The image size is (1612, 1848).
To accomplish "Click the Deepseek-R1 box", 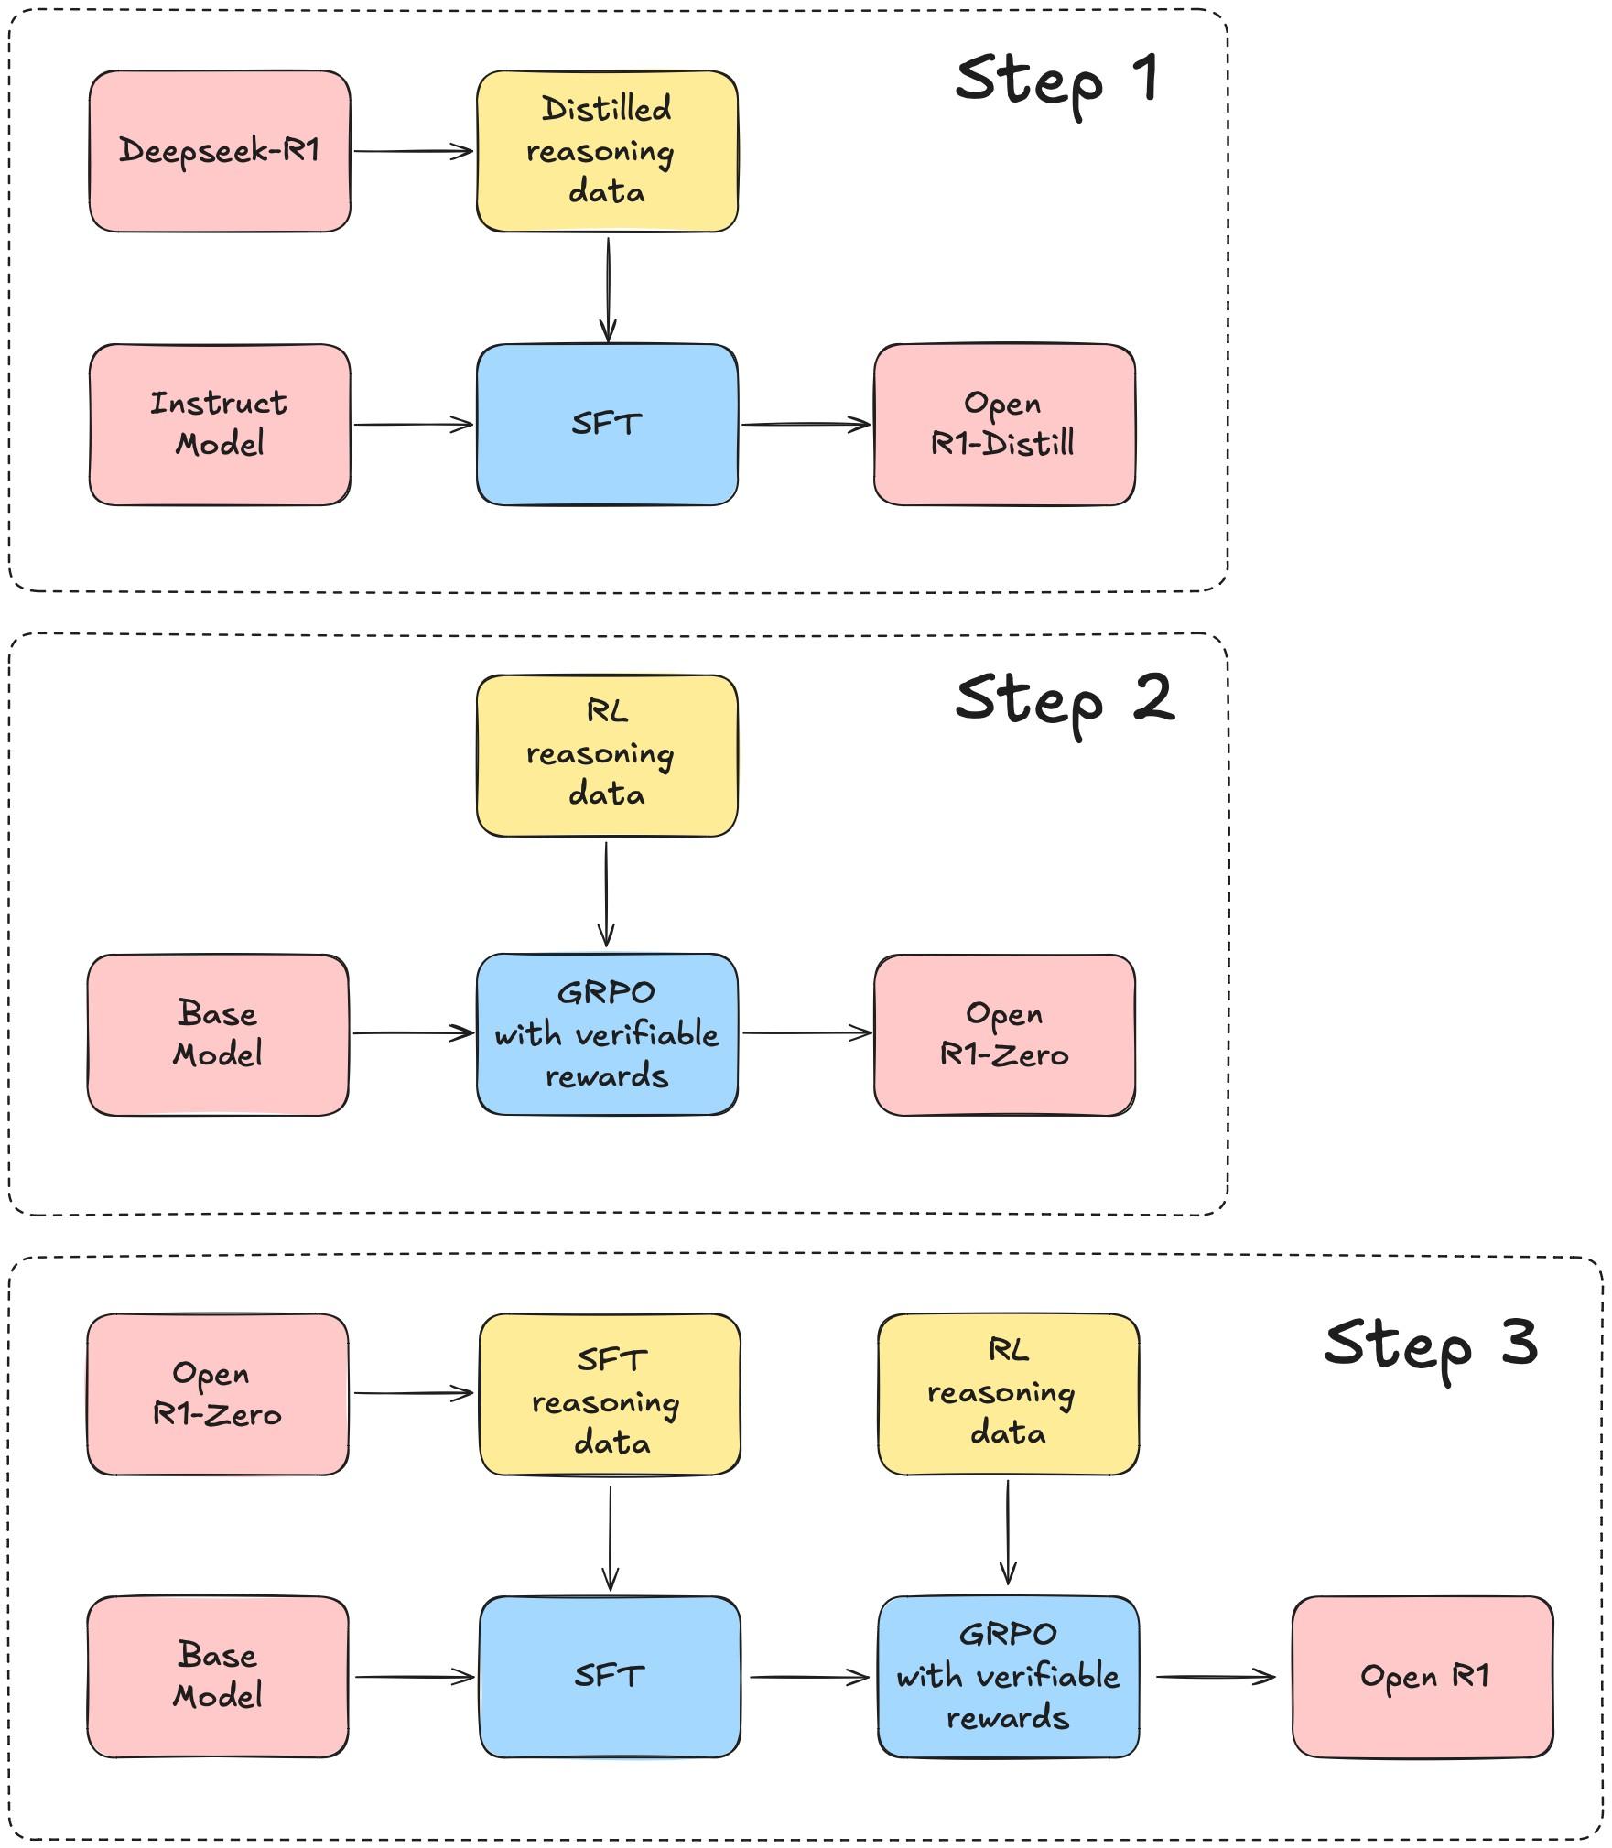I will point(220,151).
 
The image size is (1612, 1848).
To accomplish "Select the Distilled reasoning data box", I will point(607,151).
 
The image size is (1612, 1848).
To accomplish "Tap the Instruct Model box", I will point(220,425).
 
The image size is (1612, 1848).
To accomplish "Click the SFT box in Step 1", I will point(607,425).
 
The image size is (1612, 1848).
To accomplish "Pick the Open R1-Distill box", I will point(1004,425).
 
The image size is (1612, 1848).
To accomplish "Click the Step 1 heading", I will point(1057,81).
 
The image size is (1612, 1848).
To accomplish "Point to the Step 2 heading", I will point(1064,700).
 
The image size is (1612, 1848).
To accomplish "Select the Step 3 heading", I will point(1430,1345).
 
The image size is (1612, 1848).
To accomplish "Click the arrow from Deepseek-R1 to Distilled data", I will point(413,151).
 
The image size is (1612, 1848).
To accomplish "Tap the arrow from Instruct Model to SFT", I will point(413,425).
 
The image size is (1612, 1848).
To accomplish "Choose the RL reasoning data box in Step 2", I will point(607,755).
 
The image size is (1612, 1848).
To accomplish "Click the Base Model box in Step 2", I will point(218,1034).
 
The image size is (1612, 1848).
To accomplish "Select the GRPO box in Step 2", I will point(607,1034).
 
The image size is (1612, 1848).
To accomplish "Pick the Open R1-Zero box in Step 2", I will point(1004,1034).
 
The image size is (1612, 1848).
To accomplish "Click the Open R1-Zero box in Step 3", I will point(218,1394).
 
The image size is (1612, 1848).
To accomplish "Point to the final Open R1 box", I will point(1423,1677).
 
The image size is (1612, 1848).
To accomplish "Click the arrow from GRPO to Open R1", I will point(1215,1677).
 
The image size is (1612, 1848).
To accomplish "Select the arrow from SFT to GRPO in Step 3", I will point(809,1677).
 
